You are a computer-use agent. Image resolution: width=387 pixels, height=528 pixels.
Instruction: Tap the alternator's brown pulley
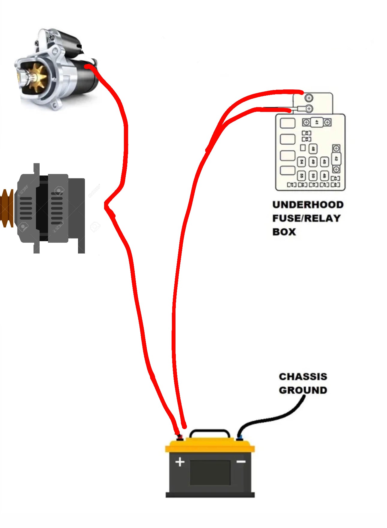[x=7, y=208]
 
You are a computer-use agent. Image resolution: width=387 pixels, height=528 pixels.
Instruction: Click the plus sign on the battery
[x=180, y=462]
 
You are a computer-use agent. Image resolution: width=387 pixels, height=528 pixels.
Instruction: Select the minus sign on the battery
[x=241, y=461]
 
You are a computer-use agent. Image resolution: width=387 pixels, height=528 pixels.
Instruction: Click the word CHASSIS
[x=303, y=377]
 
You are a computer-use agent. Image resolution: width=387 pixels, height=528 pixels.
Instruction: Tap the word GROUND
[x=303, y=390]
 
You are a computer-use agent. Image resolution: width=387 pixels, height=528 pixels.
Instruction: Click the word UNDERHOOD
[x=308, y=205]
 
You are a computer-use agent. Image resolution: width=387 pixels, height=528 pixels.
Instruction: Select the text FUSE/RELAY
[x=306, y=218]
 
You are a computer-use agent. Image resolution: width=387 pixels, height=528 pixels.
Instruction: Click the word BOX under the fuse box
[x=284, y=232]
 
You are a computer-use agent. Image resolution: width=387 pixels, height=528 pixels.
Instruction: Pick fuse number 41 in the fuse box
[x=316, y=122]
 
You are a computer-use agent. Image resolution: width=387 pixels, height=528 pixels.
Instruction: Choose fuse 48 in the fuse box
[x=313, y=148]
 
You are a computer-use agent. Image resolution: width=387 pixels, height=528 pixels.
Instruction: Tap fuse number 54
[x=301, y=162]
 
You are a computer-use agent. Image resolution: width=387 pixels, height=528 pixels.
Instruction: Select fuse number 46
[x=324, y=176]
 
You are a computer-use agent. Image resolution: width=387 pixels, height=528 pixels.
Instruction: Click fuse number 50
[x=313, y=176]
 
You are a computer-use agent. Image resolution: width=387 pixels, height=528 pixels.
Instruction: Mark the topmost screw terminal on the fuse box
[x=309, y=98]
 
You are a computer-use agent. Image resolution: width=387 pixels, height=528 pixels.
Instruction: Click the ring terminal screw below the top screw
[x=308, y=109]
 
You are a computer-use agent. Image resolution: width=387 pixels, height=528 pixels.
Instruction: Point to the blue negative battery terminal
[x=239, y=438]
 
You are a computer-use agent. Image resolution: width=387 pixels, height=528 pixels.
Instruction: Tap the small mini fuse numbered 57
[x=292, y=185]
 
